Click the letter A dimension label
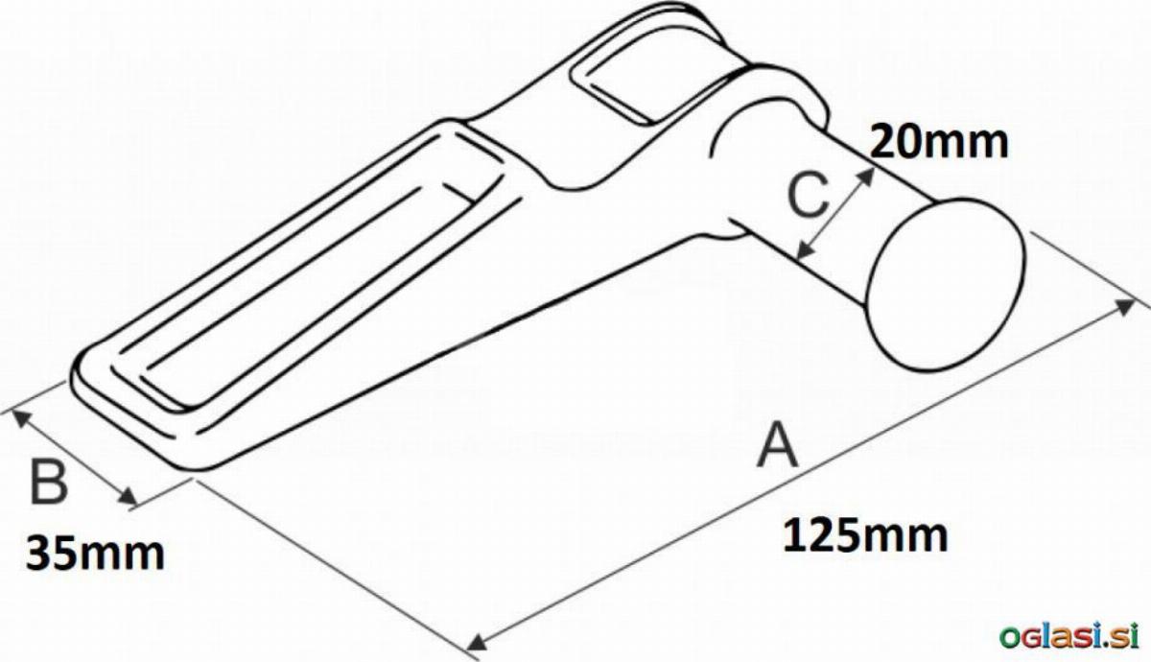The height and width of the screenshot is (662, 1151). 778,445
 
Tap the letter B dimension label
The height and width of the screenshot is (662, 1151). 49,483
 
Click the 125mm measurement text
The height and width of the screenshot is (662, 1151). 865,536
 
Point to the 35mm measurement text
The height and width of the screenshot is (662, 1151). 96,554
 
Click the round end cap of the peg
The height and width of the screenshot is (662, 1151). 947,284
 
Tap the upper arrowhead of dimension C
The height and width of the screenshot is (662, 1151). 866,176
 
